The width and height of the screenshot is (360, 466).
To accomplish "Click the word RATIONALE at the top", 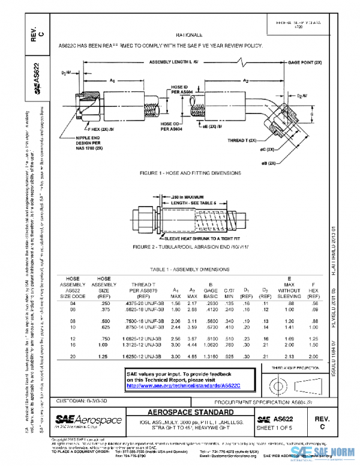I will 193,35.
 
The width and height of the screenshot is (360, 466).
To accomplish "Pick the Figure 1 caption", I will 190,173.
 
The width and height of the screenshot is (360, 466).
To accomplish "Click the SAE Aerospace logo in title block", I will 89,420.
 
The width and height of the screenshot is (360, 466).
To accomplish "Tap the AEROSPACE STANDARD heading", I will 191,413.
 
